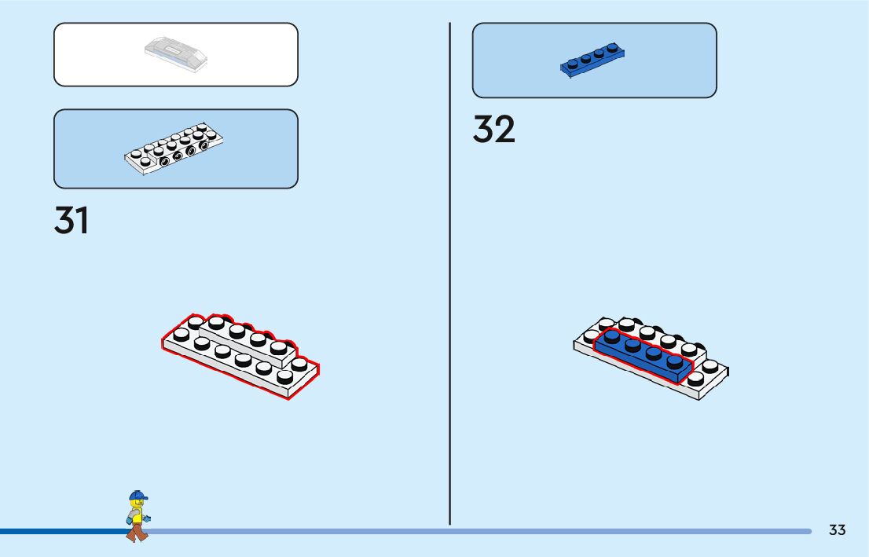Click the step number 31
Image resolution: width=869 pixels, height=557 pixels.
71,221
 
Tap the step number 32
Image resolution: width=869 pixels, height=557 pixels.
493,130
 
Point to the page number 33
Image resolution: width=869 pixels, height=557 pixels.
837,530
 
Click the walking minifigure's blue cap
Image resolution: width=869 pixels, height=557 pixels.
138,496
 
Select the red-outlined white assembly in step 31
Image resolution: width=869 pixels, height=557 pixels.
240,355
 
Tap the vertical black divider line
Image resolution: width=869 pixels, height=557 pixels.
450,275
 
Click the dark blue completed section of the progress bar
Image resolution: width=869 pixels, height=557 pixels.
63,531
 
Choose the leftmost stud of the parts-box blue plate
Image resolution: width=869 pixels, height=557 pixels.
572,63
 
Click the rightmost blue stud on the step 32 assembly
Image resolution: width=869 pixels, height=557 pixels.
674,362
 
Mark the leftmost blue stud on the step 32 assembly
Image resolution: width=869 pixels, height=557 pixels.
612,338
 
